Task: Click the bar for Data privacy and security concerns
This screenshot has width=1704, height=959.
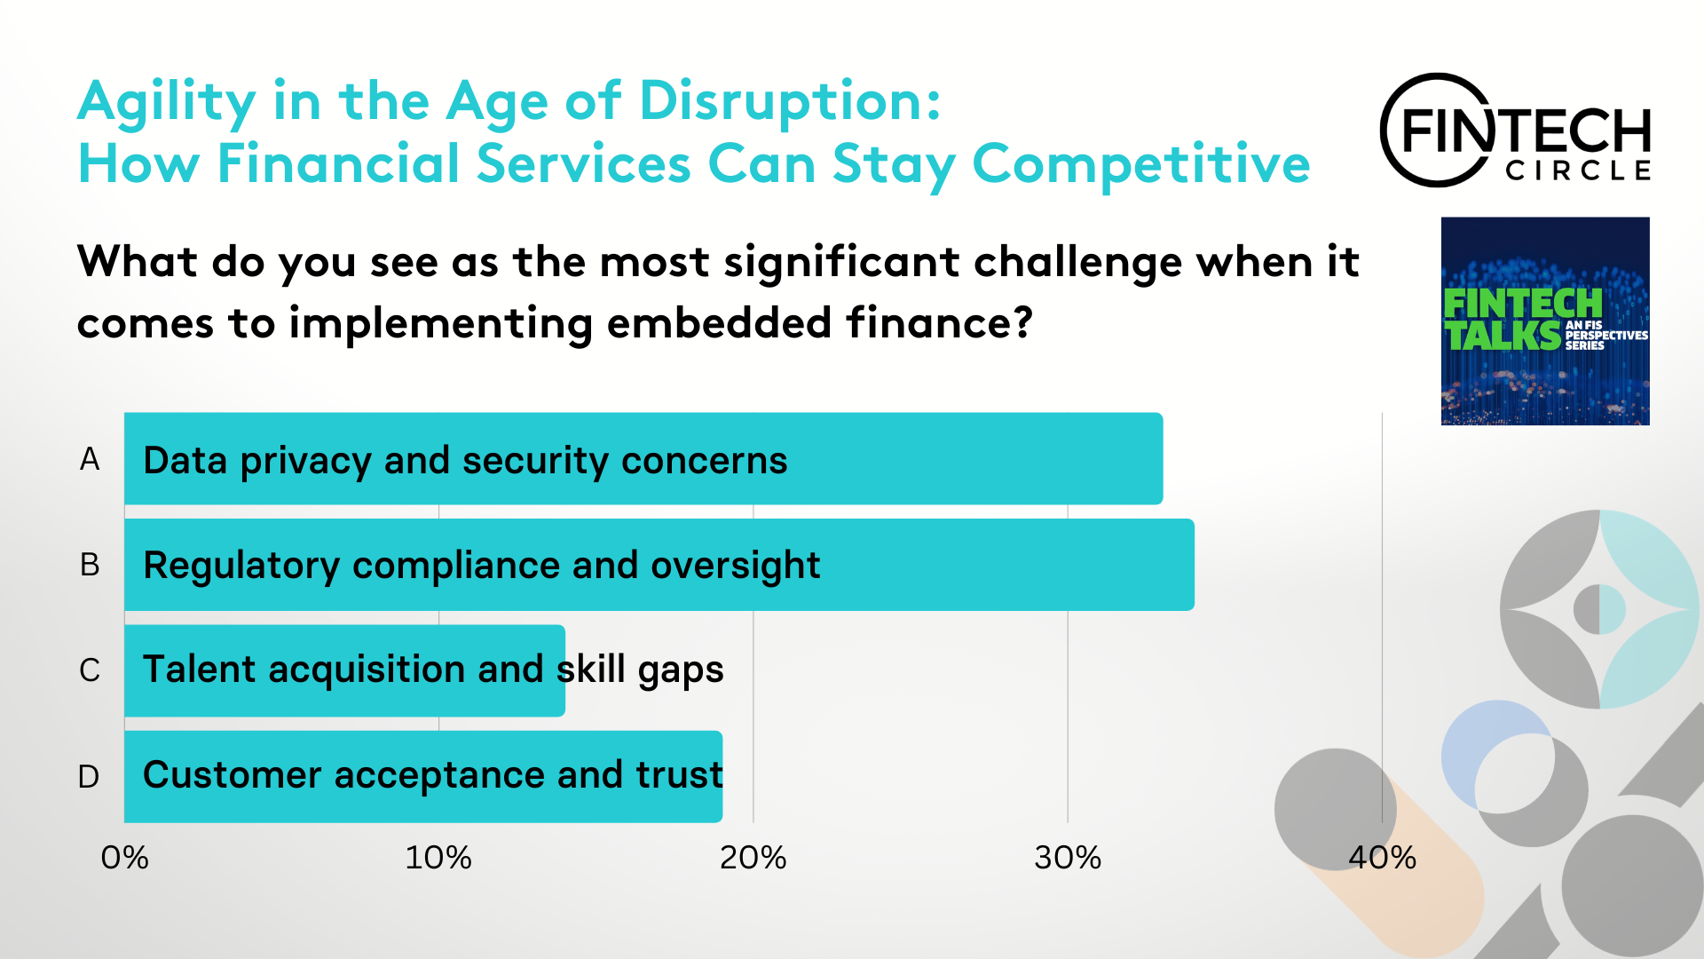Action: coord(643,458)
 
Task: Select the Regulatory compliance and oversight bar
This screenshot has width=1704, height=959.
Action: coord(659,564)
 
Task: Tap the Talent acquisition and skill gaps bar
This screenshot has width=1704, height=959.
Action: coord(344,670)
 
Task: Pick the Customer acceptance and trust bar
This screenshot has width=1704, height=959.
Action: coord(423,776)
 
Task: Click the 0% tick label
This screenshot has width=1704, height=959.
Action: coord(124,858)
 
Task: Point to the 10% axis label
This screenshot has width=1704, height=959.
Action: coord(438,858)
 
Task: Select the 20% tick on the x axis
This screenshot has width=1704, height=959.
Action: coord(753,858)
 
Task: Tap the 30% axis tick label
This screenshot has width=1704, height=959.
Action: coord(1068,858)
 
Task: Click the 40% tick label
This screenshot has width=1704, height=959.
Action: coord(1382,858)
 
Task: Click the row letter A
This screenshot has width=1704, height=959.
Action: coord(90,459)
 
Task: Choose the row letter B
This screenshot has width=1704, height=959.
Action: coord(90,565)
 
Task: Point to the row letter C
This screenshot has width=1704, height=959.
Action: coord(90,670)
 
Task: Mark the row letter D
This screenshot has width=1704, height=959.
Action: coord(89,777)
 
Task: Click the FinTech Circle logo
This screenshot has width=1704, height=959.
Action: coord(1515,131)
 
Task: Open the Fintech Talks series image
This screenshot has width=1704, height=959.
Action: coord(1545,321)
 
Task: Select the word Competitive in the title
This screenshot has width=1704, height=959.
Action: coord(1141,165)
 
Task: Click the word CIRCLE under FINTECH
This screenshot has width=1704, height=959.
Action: coord(1578,170)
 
